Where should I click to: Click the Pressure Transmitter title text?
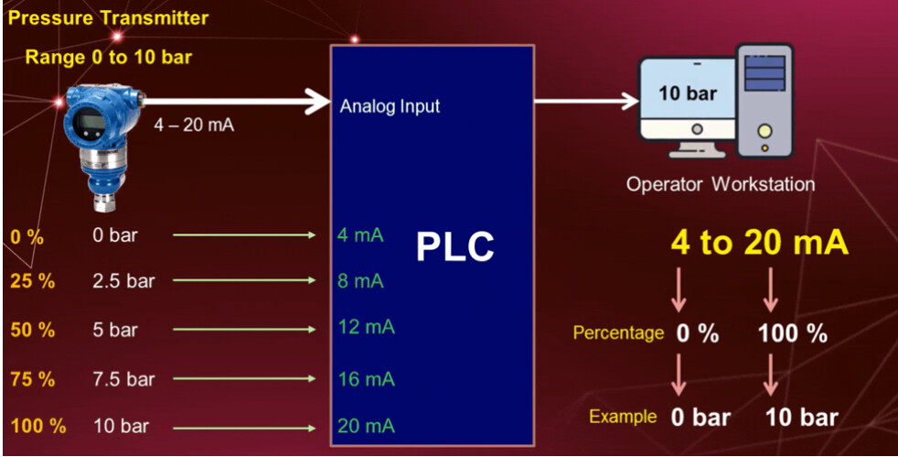tap(108, 17)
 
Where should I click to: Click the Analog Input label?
tap(390, 106)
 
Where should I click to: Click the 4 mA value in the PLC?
tap(359, 235)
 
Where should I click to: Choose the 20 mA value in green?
tap(366, 426)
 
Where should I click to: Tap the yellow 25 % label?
tap(32, 281)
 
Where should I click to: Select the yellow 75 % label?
tap(32, 377)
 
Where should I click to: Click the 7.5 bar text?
tap(123, 378)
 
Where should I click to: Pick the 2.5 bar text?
tap(123, 281)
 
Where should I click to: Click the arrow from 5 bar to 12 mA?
tap(244, 330)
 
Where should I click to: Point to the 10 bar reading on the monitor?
tap(687, 93)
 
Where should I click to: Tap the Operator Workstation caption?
tap(720, 184)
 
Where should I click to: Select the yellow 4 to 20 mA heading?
tap(759, 243)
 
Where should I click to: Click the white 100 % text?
tap(792, 334)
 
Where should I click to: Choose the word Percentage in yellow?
tap(618, 332)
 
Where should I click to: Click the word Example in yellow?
tap(623, 417)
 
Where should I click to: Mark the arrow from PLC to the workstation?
tap(586, 101)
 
